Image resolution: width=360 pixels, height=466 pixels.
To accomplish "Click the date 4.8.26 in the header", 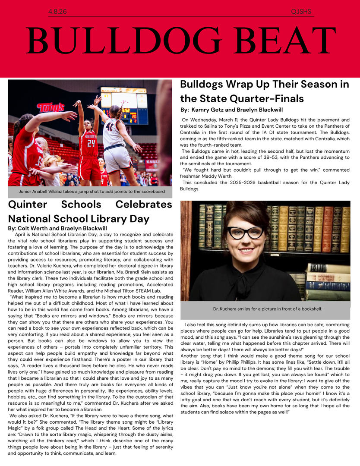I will (x=57, y=12).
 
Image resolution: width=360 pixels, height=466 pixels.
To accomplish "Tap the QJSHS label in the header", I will (x=301, y=12).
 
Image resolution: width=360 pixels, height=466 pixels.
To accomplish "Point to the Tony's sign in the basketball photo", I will (x=51, y=107).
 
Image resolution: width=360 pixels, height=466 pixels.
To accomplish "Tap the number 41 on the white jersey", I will (x=109, y=127).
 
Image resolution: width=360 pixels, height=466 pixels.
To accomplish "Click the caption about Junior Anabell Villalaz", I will (x=92, y=191).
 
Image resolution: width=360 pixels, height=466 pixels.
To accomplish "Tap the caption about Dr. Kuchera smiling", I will (x=268, y=309).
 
